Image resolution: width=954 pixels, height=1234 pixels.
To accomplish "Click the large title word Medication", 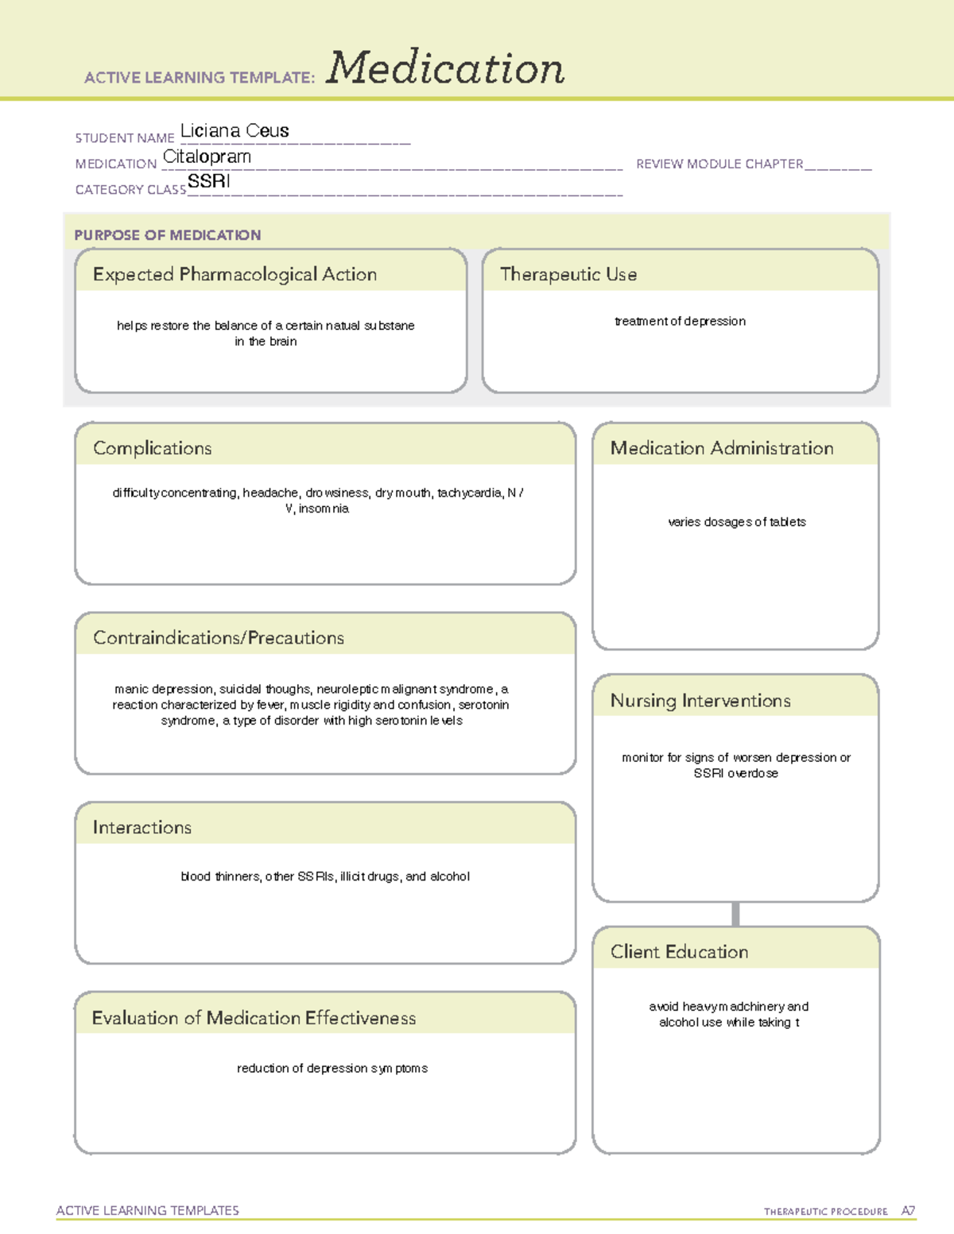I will [x=445, y=68].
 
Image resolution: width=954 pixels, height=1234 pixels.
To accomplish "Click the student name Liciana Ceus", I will [x=235, y=130].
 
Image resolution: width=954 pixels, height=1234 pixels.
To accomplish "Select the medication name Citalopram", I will [x=207, y=157].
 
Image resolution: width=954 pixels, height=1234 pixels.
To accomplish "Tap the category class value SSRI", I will [x=209, y=181].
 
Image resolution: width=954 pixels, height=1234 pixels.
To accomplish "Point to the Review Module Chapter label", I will [x=719, y=164].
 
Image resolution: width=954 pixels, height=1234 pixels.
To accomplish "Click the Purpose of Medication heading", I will [x=168, y=235].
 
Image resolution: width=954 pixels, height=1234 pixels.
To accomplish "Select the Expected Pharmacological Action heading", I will [x=235, y=274].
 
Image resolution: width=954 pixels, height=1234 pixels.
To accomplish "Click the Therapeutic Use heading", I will [x=568, y=274].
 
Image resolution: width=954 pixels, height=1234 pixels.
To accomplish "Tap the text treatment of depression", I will [x=680, y=321].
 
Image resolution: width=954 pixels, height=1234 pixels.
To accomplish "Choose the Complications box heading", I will [x=153, y=448].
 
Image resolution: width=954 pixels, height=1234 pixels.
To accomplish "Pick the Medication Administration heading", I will [x=722, y=448].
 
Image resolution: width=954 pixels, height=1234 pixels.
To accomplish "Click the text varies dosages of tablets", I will [x=737, y=522].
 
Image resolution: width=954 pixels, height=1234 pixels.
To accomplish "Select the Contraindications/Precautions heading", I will [x=219, y=638].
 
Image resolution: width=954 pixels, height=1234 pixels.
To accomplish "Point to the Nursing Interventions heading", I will [x=700, y=701].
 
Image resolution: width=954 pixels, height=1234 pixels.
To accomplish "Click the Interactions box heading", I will [x=142, y=828].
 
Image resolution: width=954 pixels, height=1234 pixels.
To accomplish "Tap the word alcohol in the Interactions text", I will [x=450, y=876].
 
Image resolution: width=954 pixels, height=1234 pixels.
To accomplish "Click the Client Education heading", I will [x=679, y=952].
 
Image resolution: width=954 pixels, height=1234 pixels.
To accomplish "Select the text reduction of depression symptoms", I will [x=332, y=1068].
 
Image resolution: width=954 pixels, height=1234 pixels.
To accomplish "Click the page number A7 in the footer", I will [x=908, y=1211].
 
